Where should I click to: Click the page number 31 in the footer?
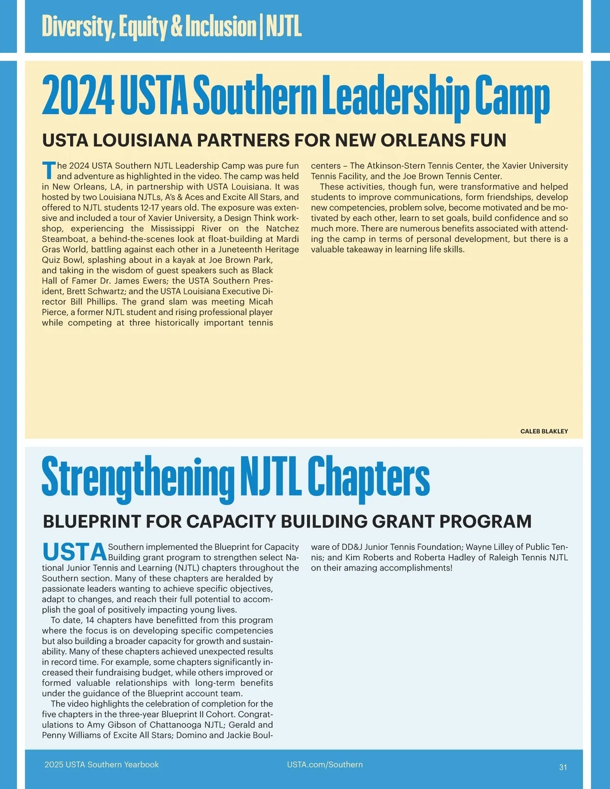pyautogui.click(x=563, y=767)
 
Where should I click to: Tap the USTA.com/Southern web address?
pyautogui.click(x=325, y=765)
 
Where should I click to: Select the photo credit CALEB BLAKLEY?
pyautogui.click(x=544, y=431)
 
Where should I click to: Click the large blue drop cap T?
pyautogui.click(x=49, y=171)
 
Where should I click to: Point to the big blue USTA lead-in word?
pyautogui.click(x=74, y=552)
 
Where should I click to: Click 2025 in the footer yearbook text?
pyautogui.click(x=54, y=765)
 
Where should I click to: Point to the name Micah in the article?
pyautogui.click(x=261, y=302)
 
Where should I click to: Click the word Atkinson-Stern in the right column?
pyautogui.click(x=396, y=166)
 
